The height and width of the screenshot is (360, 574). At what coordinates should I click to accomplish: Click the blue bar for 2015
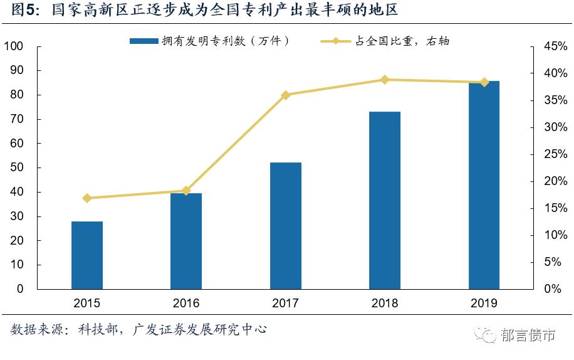point(87,255)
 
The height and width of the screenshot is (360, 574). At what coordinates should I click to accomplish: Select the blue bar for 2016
point(186,241)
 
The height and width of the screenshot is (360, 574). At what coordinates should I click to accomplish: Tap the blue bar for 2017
point(286,225)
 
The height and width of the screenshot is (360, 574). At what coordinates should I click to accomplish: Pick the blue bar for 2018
point(385,200)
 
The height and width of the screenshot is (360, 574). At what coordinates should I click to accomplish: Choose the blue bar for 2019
point(484,184)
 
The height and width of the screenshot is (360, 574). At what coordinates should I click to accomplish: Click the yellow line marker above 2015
point(87,198)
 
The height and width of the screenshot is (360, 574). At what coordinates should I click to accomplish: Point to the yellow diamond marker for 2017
point(286,95)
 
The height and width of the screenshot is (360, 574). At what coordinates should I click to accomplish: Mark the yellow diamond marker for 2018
point(385,80)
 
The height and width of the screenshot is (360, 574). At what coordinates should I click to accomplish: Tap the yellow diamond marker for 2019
point(484,82)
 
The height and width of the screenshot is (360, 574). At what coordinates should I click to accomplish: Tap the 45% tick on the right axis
point(555,46)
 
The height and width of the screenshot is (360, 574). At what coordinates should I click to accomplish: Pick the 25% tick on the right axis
point(555,154)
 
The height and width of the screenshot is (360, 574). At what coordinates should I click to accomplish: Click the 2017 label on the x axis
point(286,304)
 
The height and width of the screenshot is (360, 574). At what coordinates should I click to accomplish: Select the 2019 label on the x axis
point(484,304)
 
